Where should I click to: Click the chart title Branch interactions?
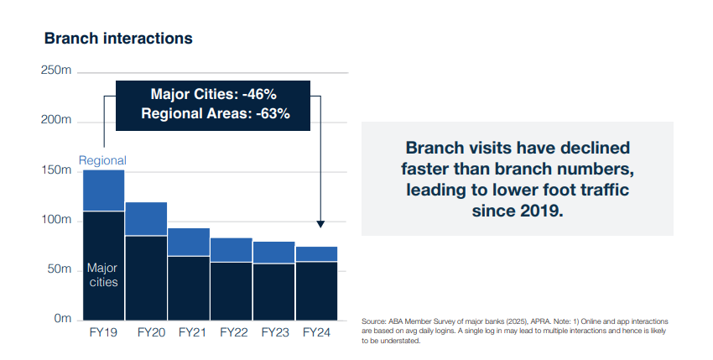click(x=118, y=39)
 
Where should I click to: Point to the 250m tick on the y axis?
click(x=56, y=70)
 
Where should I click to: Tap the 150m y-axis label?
click(x=56, y=170)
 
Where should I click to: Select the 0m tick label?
click(x=63, y=319)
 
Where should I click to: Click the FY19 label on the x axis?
click(x=103, y=332)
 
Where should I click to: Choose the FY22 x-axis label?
click(x=234, y=332)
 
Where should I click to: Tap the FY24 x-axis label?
click(x=316, y=332)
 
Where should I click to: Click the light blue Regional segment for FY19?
click(x=104, y=190)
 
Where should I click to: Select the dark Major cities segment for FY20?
click(x=146, y=278)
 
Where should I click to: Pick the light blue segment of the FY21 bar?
click(x=189, y=243)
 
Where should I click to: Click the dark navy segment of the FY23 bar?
click(x=273, y=292)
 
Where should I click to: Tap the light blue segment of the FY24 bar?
click(x=316, y=254)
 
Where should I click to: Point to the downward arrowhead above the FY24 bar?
click(x=320, y=224)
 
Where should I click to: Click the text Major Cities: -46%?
click(x=214, y=94)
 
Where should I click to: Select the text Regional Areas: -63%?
click(x=216, y=113)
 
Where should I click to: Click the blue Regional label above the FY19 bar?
click(x=102, y=160)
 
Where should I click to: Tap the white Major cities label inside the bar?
click(x=103, y=275)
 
